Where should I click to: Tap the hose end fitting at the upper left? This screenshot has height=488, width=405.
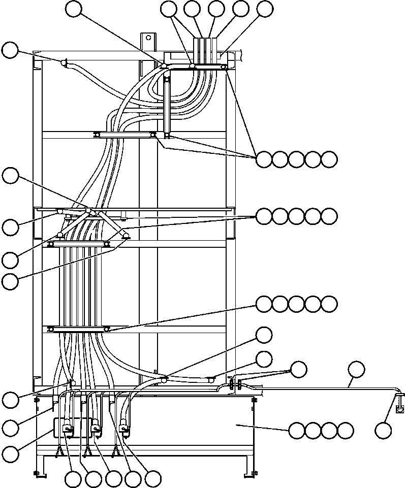pos(64,62)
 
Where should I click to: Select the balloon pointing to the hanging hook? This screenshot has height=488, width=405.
pos(383,430)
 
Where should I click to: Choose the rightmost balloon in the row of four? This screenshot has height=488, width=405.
pos(346,431)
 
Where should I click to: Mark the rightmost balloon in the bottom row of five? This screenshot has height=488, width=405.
pos(153,479)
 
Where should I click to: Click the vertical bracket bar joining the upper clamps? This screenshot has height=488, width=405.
pos(167,102)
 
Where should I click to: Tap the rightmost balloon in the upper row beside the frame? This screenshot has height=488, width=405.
pos(329,159)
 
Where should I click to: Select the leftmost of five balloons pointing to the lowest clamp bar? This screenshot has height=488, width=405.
pos(264,304)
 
